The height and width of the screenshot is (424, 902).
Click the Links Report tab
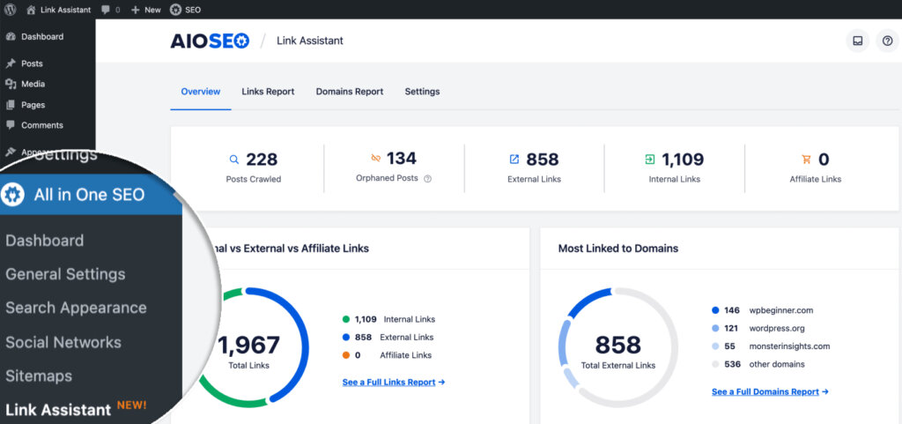pyautogui.click(x=268, y=92)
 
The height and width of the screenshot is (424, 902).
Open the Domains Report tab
pyautogui.click(x=349, y=92)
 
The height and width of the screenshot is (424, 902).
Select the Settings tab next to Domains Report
pyautogui.click(x=422, y=92)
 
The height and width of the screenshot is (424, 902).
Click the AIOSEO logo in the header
pyautogui.click(x=210, y=41)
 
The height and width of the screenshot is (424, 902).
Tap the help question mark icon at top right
pyautogui.click(x=887, y=41)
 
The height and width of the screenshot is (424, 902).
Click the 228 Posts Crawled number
pyautogui.click(x=262, y=160)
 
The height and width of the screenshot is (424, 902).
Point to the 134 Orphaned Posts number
pyautogui.click(x=401, y=159)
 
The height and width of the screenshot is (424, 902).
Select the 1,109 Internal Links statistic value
pyautogui.click(x=683, y=160)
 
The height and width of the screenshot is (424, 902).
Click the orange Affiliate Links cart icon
pyautogui.click(x=806, y=160)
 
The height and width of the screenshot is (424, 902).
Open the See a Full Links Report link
pyautogui.click(x=393, y=383)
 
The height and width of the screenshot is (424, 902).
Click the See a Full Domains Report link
pyautogui.click(x=769, y=391)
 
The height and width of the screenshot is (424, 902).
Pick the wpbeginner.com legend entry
pyautogui.click(x=780, y=310)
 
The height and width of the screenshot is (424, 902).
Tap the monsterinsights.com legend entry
pyautogui.click(x=789, y=346)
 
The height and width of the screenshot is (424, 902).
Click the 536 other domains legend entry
pyautogui.click(x=776, y=364)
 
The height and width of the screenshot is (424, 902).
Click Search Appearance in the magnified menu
pyautogui.click(x=76, y=308)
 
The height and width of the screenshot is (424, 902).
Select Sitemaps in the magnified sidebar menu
pyautogui.click(x=39, y=376)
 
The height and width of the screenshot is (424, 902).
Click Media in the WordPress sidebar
pyautogui.click(x=33, y=84)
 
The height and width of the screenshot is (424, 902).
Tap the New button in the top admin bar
pyautogui.click(x=146, y=10)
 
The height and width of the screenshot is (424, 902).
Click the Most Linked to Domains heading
pyautogui.click(x=617, y=249)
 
